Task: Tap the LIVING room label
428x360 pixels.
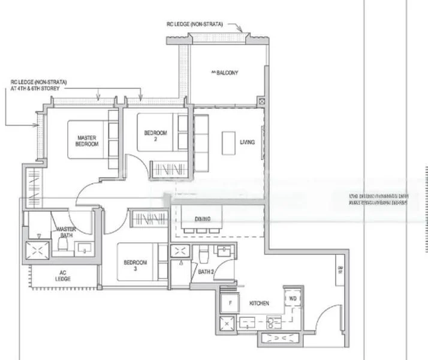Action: click(x=247, y=142)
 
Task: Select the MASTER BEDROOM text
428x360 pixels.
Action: click(x=87, y=140)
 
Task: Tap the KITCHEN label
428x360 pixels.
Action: click(x=259, y=304)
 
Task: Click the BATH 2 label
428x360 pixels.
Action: click(x=207, y=273)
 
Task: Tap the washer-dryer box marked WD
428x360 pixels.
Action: click(x=293, y=298)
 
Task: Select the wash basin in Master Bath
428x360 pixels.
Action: click(x=83, y=247)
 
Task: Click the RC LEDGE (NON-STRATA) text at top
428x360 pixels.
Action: click(x=195, y=25)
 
